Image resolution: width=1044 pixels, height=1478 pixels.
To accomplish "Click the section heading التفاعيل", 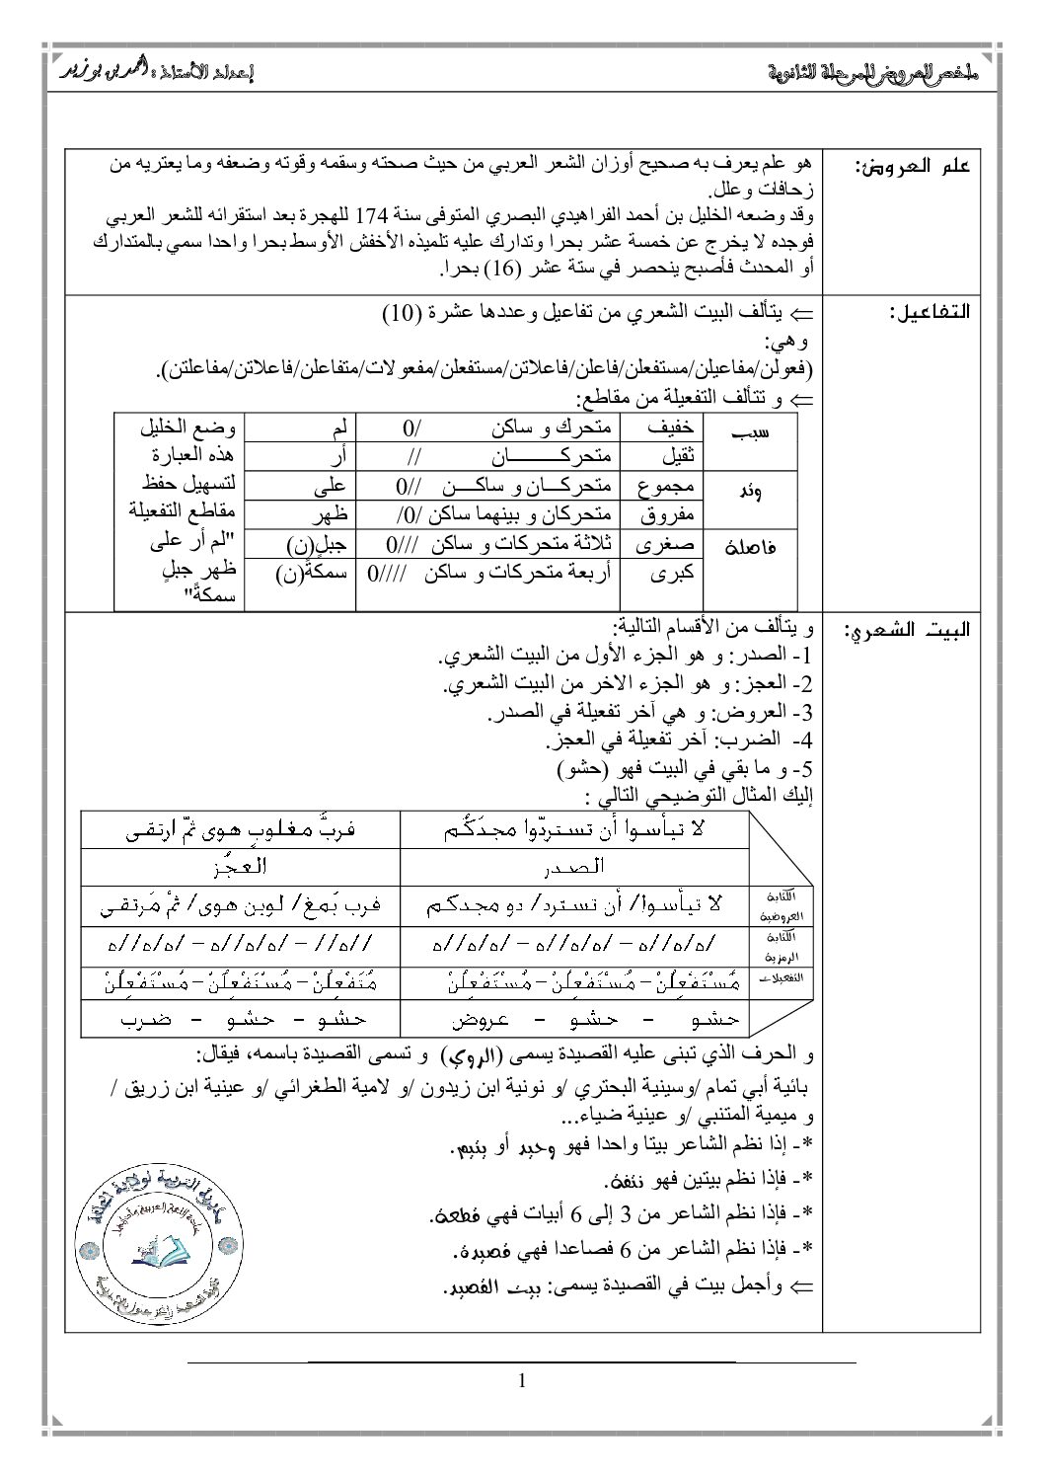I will click(x=928, y=312).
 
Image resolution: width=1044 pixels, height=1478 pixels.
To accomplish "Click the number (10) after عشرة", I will click(x=402, y=314).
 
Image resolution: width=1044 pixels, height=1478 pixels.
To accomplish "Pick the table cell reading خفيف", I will click(x=671, y=427).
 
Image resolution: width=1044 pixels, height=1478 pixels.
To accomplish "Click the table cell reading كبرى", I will click(x=677, y=572).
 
